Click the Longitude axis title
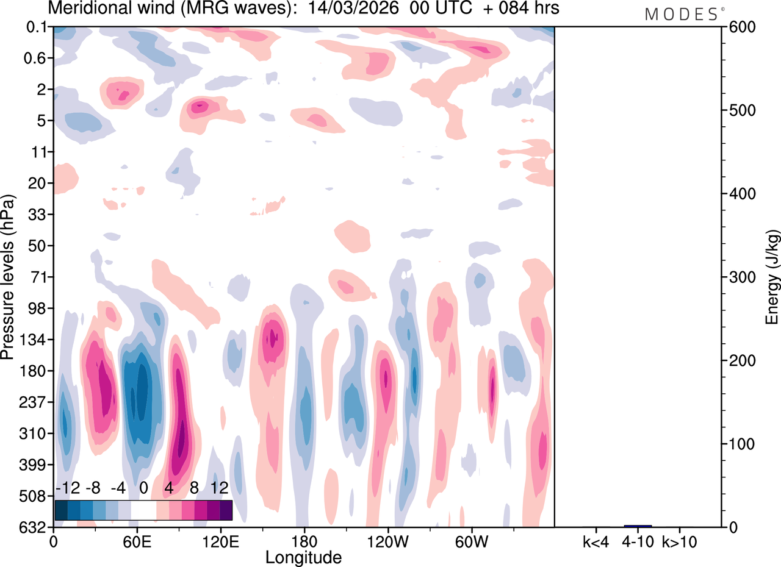(x=303, y=557)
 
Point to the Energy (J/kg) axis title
(x=772, y=277)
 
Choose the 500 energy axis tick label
(x=739, y=110)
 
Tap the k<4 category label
(x=595, y=541)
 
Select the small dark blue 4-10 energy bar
(x=638, y=526)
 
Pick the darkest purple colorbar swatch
(x=226, y=510)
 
